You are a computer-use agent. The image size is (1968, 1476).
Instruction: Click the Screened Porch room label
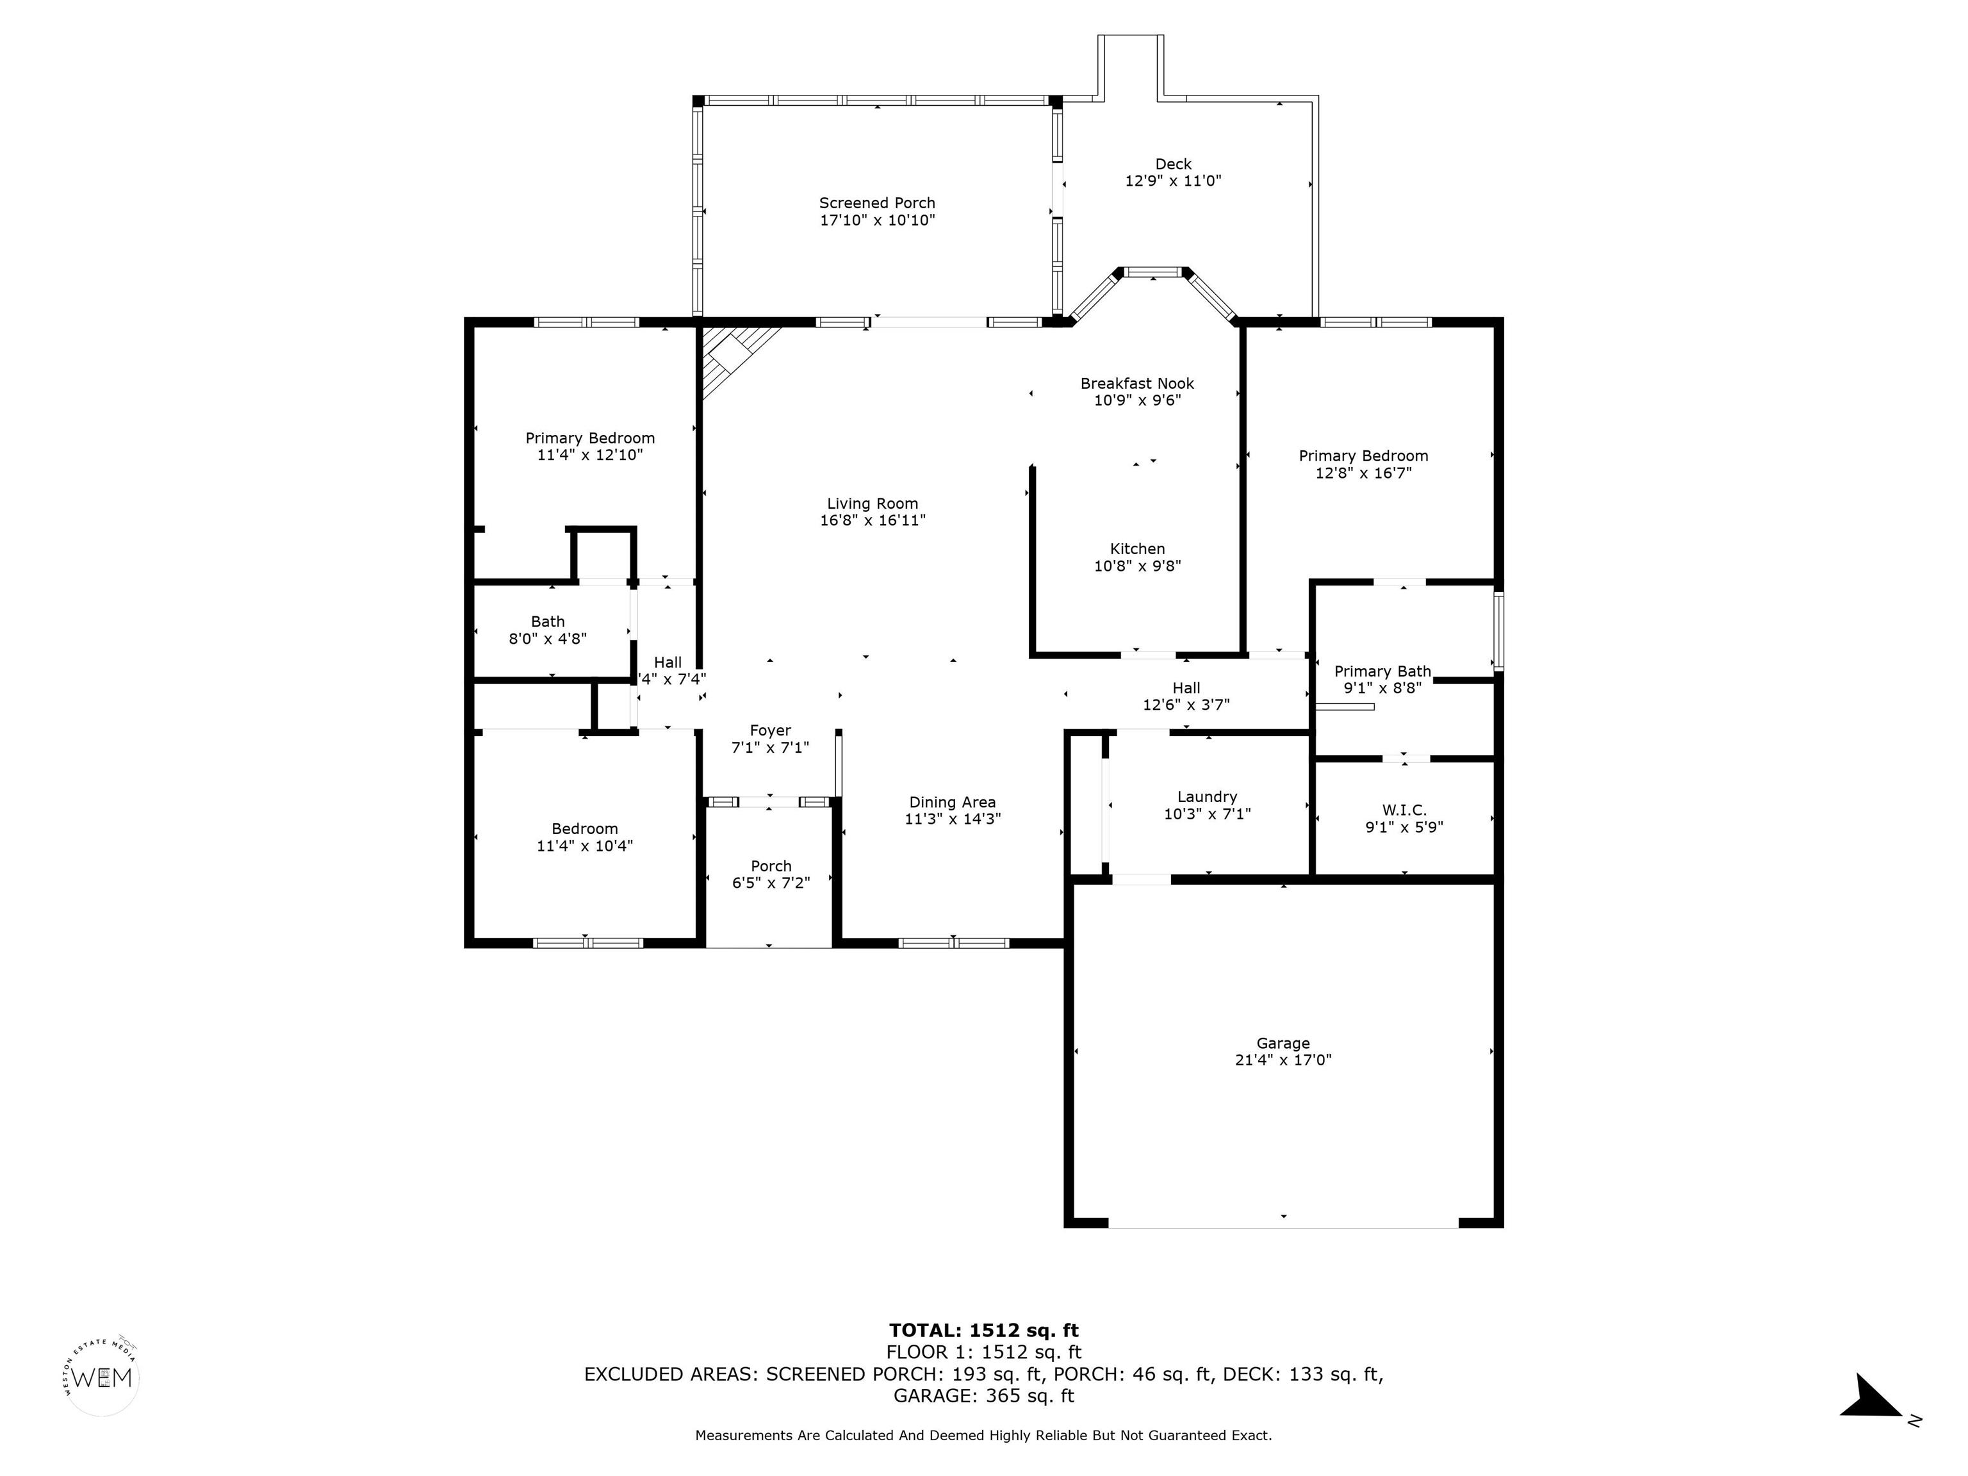click(876, 203)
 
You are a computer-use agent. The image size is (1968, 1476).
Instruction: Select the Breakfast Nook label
click(1137, 384)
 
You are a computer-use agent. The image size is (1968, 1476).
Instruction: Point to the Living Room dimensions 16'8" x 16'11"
click(872, 520)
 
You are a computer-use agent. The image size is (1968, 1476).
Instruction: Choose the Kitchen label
click(1137, 549)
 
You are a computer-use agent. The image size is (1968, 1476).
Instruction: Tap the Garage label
click(1283, 1043)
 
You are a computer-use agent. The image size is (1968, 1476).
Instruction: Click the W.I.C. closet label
click(1404, 810)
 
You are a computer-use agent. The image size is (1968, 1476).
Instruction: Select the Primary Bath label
click(1382, 672)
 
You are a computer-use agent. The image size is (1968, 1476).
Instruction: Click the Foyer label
click(769, 730)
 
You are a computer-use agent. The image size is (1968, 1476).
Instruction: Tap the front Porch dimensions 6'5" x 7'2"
click(771, 883)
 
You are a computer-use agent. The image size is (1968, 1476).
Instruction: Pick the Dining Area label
click(952, 803)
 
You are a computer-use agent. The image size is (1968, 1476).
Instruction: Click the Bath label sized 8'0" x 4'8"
click(547, 622)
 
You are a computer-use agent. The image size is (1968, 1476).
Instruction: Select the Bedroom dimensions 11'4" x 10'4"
click(584, 846)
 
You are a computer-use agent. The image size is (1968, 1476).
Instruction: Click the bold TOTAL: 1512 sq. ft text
click(983, 1330)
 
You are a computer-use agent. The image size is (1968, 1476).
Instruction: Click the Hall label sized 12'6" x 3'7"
click(1185, 688)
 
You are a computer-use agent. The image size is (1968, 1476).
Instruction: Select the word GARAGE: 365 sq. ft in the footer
click(983, 1396)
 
